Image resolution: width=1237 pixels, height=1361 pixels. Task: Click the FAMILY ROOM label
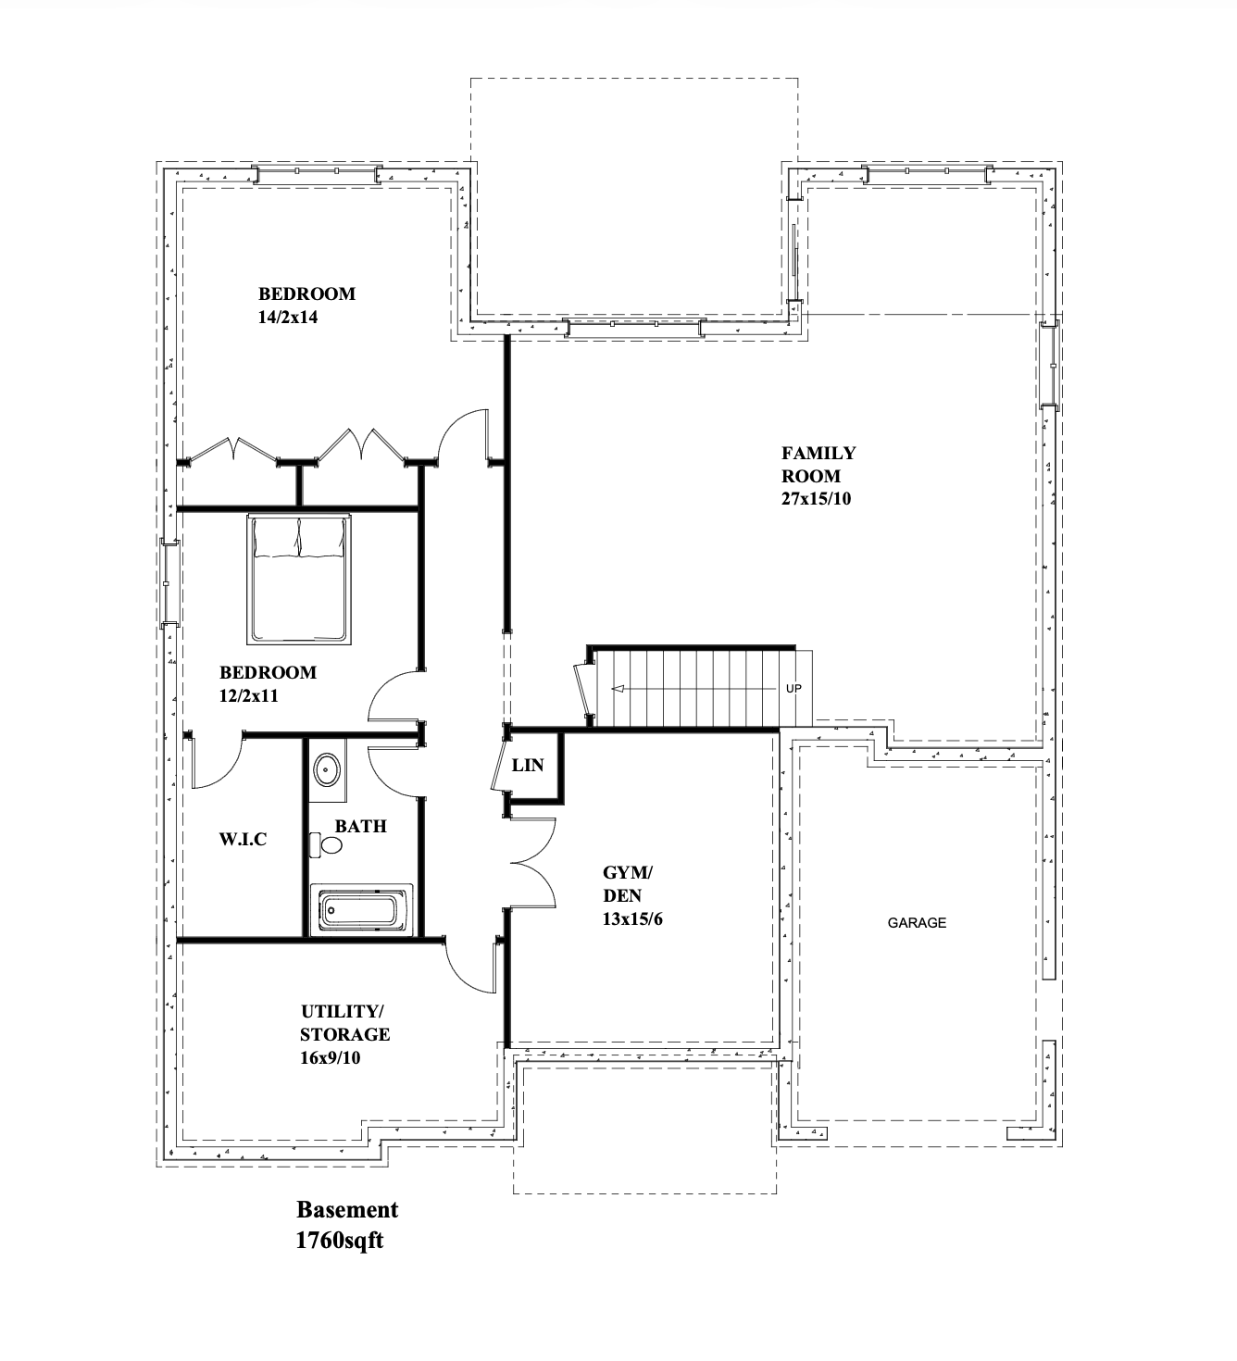coord(818,464)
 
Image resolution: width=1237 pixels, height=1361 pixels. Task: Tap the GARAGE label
coord(917,923)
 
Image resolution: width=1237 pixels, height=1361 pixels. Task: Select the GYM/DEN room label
coord(627,884)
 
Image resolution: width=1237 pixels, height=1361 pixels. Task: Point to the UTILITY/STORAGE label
coord(344,1023)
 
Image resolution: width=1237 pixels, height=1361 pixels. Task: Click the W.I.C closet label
coord(243,839)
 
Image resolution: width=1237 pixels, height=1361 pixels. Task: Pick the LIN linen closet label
coord(527,766)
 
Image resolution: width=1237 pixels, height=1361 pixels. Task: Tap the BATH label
coord(361,826)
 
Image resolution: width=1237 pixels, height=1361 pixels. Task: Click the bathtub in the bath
coord(361,909)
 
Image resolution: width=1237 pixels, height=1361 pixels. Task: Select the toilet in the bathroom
coord(326,844)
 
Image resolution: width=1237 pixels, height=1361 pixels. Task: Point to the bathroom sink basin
coord(328,770)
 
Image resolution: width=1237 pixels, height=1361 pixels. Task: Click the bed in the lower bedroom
coord(298,580)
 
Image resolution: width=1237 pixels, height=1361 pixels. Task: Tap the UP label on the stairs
coord(793,688)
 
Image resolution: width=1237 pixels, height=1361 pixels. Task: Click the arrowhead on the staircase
coord(618,689)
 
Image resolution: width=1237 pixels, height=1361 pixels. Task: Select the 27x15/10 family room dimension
coord(816,499)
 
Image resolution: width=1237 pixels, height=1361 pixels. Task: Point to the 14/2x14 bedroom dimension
coord(288,317)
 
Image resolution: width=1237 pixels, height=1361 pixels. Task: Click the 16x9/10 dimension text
coord(330,1057)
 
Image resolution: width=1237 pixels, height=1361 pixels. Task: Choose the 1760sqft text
coord(339,1241)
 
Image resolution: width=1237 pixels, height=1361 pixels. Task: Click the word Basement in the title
coord(346,1210)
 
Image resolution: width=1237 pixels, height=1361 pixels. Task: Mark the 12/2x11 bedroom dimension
coord(248,695)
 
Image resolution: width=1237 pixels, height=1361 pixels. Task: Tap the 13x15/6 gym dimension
coord(631,919)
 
